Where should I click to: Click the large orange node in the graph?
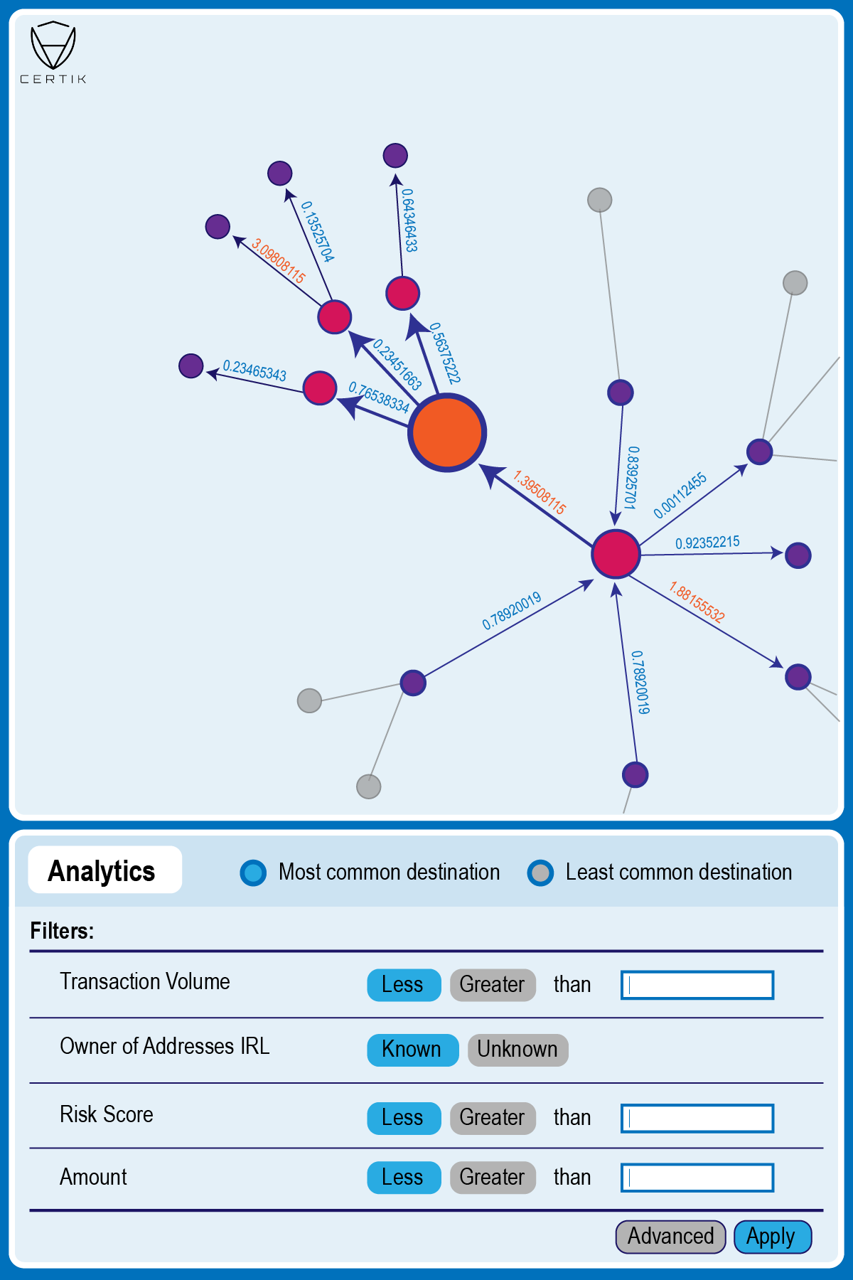click(x=446, y=432)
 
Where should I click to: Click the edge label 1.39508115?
click(x=540, y=492)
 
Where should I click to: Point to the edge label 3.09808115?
click(x=278, y=262)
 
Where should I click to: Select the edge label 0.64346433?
click(x=409, y=220)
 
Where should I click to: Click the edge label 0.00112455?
click(x=680, y=495)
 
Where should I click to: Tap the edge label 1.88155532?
click(x=697, y=602)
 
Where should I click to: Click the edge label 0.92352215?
click(x=707, y=543)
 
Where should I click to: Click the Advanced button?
click(x=670, y=1237)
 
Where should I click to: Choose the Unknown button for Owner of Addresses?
click(x=517, y=1050)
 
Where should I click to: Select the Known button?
click(x=412, y=1050)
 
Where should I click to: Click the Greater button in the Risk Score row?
click(x=492, y=1118)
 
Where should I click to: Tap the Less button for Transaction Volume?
click(x=403, y=985)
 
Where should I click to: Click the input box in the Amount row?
click(x=697, y=1178)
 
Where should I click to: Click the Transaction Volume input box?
click(x=697, y=985)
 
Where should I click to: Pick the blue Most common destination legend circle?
click(x=254, y=873)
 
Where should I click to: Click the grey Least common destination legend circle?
click(x=541, y=873)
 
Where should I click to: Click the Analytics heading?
click(x=102, y=870)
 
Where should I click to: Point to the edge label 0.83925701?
click(x=631, y=477)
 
